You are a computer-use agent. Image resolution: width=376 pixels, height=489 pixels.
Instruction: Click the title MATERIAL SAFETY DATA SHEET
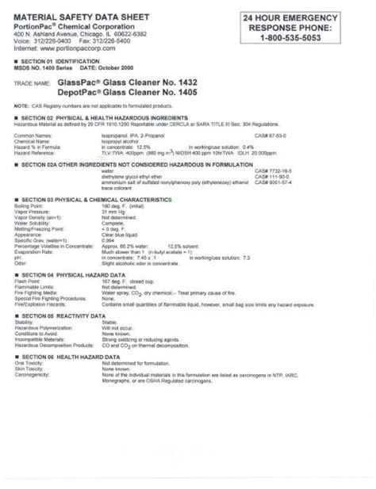pos(81,15)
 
